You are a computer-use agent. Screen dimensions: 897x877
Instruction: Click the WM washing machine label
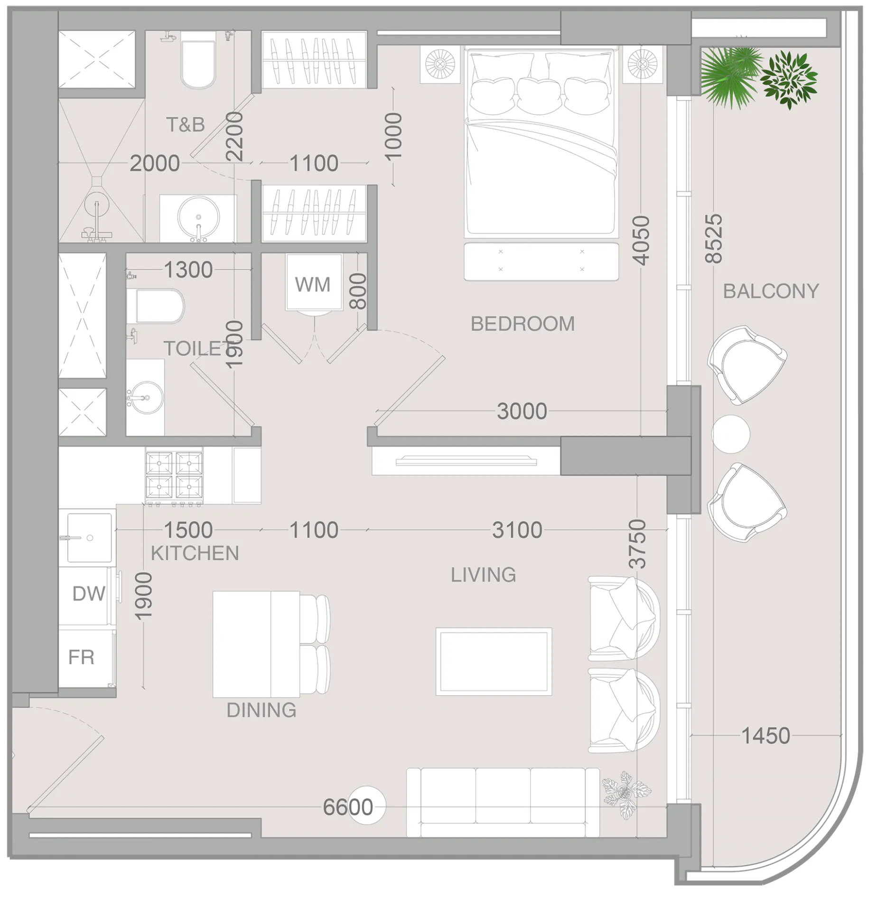pos(312,285)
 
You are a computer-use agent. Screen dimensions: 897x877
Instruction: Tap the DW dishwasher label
pos(89,594)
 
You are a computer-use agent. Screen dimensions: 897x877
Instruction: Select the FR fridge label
pos(81,657)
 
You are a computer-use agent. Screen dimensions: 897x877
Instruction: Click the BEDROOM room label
pos(522,324)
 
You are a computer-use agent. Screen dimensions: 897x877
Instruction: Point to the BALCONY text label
pos(771,291)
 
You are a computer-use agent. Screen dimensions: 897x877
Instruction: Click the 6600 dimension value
pos(348,807)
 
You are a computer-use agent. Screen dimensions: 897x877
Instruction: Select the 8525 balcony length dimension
pos(714,239)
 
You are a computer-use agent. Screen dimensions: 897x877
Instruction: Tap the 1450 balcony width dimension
pos(765,736)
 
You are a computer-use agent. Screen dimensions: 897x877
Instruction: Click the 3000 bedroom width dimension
pos(522,411)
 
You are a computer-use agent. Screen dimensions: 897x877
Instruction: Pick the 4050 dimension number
pos(641,241)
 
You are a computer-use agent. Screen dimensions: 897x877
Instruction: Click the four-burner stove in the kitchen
pos(174,475)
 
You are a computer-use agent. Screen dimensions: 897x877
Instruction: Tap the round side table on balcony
pos(730,434)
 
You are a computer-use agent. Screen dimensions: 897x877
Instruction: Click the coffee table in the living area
pos(494,662)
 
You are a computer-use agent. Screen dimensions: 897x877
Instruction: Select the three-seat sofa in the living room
pos(503,802)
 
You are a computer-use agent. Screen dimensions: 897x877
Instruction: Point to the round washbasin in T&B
pos(198,217)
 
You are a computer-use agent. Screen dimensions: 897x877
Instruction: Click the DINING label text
pos(261,710)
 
